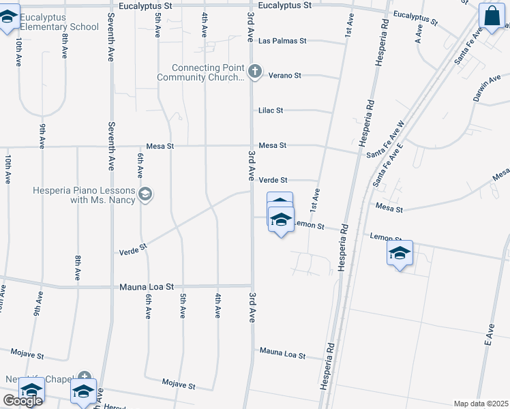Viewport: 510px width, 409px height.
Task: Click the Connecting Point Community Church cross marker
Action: pyautogui.click(x=254, y=71)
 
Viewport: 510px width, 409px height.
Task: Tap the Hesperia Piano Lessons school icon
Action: pyautogui.click(x=145, y=195)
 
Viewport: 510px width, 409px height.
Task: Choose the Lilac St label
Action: pyautogui.click(x=270, y=110)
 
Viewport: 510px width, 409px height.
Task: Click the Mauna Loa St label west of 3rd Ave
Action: pyautogui.click(x=147, y=287)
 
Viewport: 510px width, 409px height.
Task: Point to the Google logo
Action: pyautogui.click(x=22, y=401)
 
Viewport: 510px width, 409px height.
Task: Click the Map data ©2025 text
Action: pyautogui.click(x=481, y=404)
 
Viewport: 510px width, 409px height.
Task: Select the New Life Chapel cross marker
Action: pyautogui.click(x=84, y=376)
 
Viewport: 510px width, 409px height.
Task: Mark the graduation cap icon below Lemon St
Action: pyautogui.click(x=400, y=253)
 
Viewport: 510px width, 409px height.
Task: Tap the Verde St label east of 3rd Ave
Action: pyautogui.click(x=273, y=180)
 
